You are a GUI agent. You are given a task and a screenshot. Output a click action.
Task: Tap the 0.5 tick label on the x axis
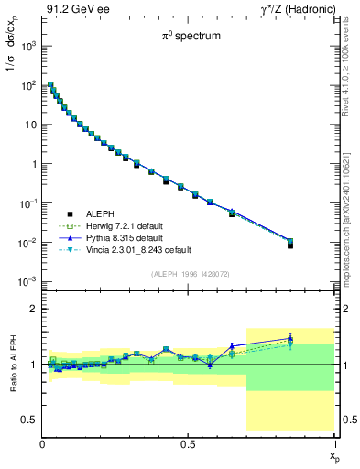(188, 443)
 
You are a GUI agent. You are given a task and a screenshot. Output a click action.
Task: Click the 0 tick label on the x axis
(43, 443)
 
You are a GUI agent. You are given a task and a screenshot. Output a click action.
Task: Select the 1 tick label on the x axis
(334, 443)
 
